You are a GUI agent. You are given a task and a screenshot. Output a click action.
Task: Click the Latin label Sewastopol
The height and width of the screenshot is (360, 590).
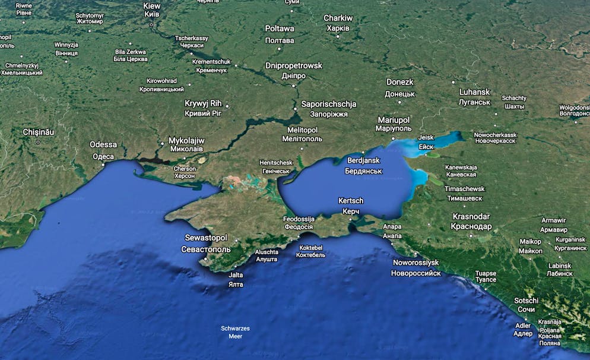click(x=205, y=238)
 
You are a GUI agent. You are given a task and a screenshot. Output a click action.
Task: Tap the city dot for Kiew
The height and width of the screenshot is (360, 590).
click(x=152, y=25)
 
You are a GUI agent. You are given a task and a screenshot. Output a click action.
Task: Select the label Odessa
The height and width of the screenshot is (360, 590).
click(x=103, y=144)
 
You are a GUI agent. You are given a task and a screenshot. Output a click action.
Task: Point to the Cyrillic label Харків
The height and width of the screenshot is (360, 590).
click(x=338, y=28)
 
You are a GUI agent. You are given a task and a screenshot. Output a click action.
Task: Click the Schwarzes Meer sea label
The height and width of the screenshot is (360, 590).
click(x=235, y=329)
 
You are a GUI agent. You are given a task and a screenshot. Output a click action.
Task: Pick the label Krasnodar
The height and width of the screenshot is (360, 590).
click(x=471, y=216)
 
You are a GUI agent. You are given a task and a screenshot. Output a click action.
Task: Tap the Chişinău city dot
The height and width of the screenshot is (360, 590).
click(x=39, y=142)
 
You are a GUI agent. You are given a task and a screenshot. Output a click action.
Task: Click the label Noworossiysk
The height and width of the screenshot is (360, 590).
click(x=415, y=262)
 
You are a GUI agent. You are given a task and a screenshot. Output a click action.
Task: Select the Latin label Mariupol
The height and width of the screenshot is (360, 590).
click(x=394, y=119)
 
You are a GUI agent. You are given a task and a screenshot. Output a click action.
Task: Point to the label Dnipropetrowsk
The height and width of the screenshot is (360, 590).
click(x=293, y=65)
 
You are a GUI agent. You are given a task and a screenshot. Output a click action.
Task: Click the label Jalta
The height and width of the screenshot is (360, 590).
click(x=236, y=275)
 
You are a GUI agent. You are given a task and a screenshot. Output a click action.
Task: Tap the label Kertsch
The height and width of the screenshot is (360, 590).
click(x=351, y=201)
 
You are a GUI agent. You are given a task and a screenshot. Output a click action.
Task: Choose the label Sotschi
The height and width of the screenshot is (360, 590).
click(x=526, y=300)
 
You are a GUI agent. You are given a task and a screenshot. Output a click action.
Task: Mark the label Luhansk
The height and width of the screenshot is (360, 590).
click(x=475, y=92)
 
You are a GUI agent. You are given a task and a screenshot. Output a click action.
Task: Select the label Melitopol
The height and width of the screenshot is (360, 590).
click(x=303, y=130)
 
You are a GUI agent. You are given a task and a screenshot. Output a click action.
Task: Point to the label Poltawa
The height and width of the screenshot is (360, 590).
click(x=280, y=29)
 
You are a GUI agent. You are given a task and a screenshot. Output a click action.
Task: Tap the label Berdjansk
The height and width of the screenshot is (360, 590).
click(x=363, y=160)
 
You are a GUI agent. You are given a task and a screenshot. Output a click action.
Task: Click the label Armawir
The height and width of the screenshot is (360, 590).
click(x=553, y=220)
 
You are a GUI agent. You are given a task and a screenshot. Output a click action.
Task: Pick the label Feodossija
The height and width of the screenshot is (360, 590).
click(x=299, y=219)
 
